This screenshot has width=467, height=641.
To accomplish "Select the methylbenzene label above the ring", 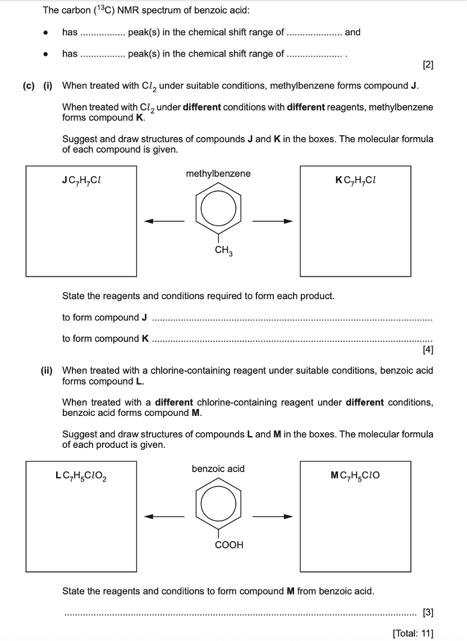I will [218, 173].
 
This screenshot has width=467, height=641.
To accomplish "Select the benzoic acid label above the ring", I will [218, 469].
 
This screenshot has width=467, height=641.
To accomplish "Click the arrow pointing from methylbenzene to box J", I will [164, 221].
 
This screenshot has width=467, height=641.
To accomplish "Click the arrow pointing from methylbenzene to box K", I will [273, 221].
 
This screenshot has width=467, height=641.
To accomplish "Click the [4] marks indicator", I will [428, 351].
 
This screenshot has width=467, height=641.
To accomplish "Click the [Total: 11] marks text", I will [413, 633].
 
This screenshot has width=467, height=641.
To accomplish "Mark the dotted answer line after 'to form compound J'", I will [292, 319].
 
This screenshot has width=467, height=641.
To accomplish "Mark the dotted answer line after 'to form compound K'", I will [292, 340].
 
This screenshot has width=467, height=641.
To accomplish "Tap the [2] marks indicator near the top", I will [428, 65].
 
